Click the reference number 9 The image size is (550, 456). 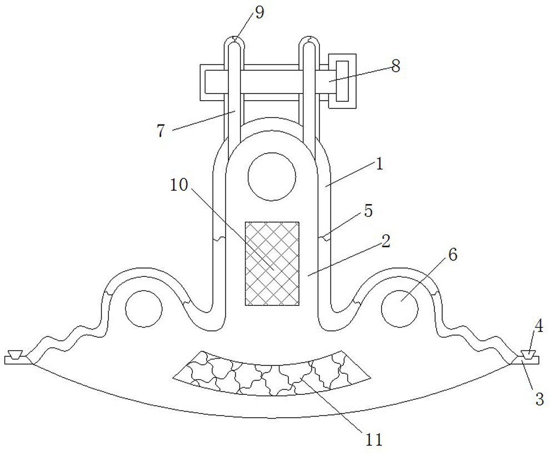[x=259, y=13]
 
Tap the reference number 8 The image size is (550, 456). [x=396, y=66]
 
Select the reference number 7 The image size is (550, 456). [x=161, y=131]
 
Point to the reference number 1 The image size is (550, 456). [x=379, y=165]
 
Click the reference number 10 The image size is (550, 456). [x=179, y=185]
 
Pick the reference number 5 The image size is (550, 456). [x=368, y=212]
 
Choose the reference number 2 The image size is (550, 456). [x=386, y=242]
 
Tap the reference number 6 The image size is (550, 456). [x=453, y=255]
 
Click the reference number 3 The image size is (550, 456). [x=539, y=399]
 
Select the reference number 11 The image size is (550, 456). [x=373, y=439]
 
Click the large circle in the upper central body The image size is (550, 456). [x=272, y=177]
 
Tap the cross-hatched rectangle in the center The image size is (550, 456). [x=272, y=264]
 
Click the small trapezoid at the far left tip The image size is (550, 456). [x=16, y=355]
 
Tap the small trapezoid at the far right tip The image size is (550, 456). [x=528, y=355]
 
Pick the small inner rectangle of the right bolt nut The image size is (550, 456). [x=342, y=81]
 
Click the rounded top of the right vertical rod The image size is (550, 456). [x=309, y=41]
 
